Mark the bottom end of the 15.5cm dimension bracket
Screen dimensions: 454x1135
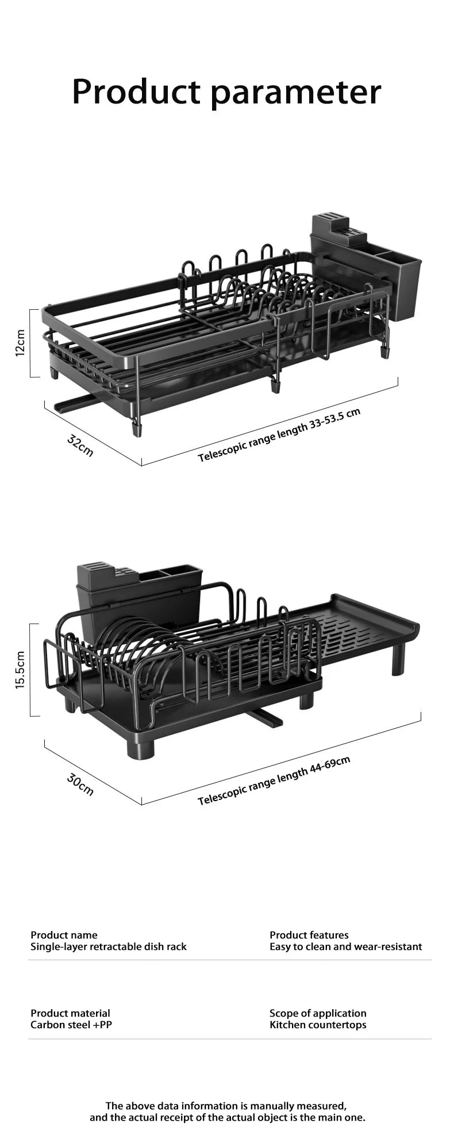tap(30, 716)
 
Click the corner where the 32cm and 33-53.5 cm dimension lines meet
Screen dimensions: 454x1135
tap(142, 465)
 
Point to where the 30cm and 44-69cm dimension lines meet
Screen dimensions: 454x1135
tap(141, 805)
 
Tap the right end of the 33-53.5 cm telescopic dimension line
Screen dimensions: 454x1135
tap(398, 379)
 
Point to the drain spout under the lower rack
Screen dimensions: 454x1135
tap(263, 717)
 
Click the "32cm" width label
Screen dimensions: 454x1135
tap(80, 445)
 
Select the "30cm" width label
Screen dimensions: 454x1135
tap(80, 784)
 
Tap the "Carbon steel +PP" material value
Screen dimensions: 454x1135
tap(71, 1025)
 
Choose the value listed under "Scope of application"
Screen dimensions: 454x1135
tap(318, 1025)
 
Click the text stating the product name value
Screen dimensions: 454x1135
tap(109, 947)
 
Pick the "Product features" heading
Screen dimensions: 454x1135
tap(309, 935)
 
